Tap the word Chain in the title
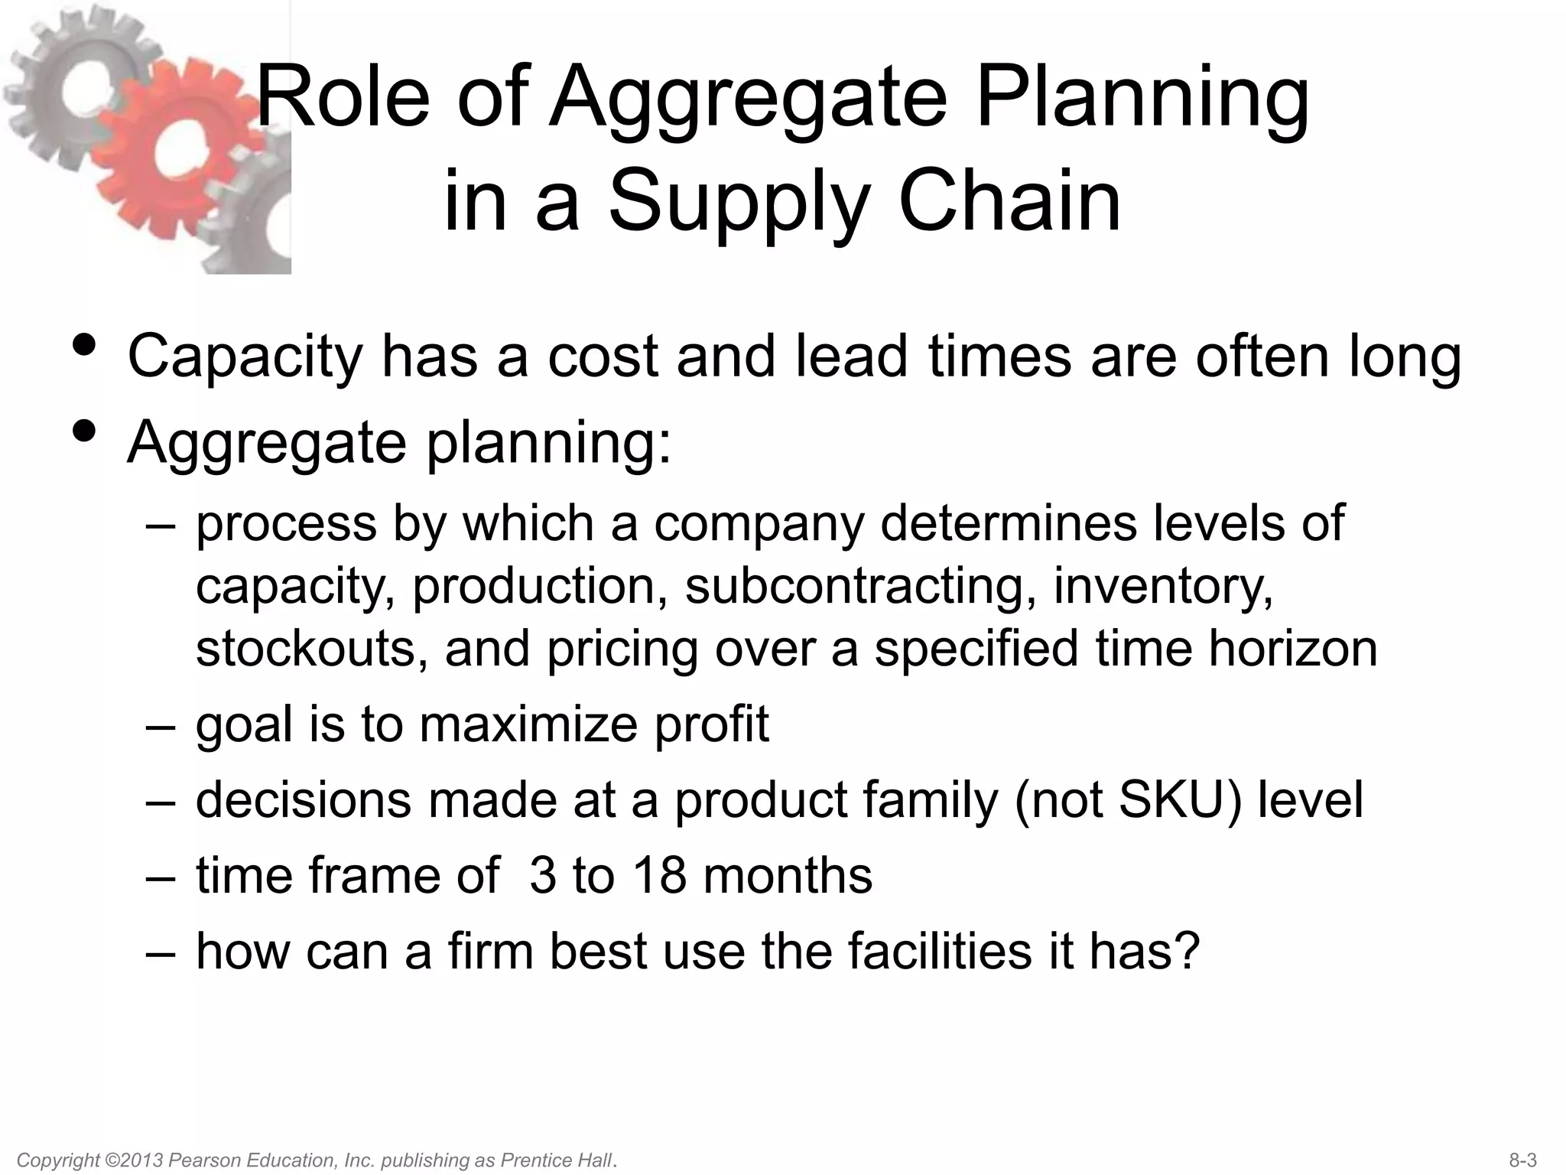1009,200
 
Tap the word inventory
1163,586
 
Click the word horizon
1293,648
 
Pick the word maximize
528,724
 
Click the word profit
711,724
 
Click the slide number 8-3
1523,1160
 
